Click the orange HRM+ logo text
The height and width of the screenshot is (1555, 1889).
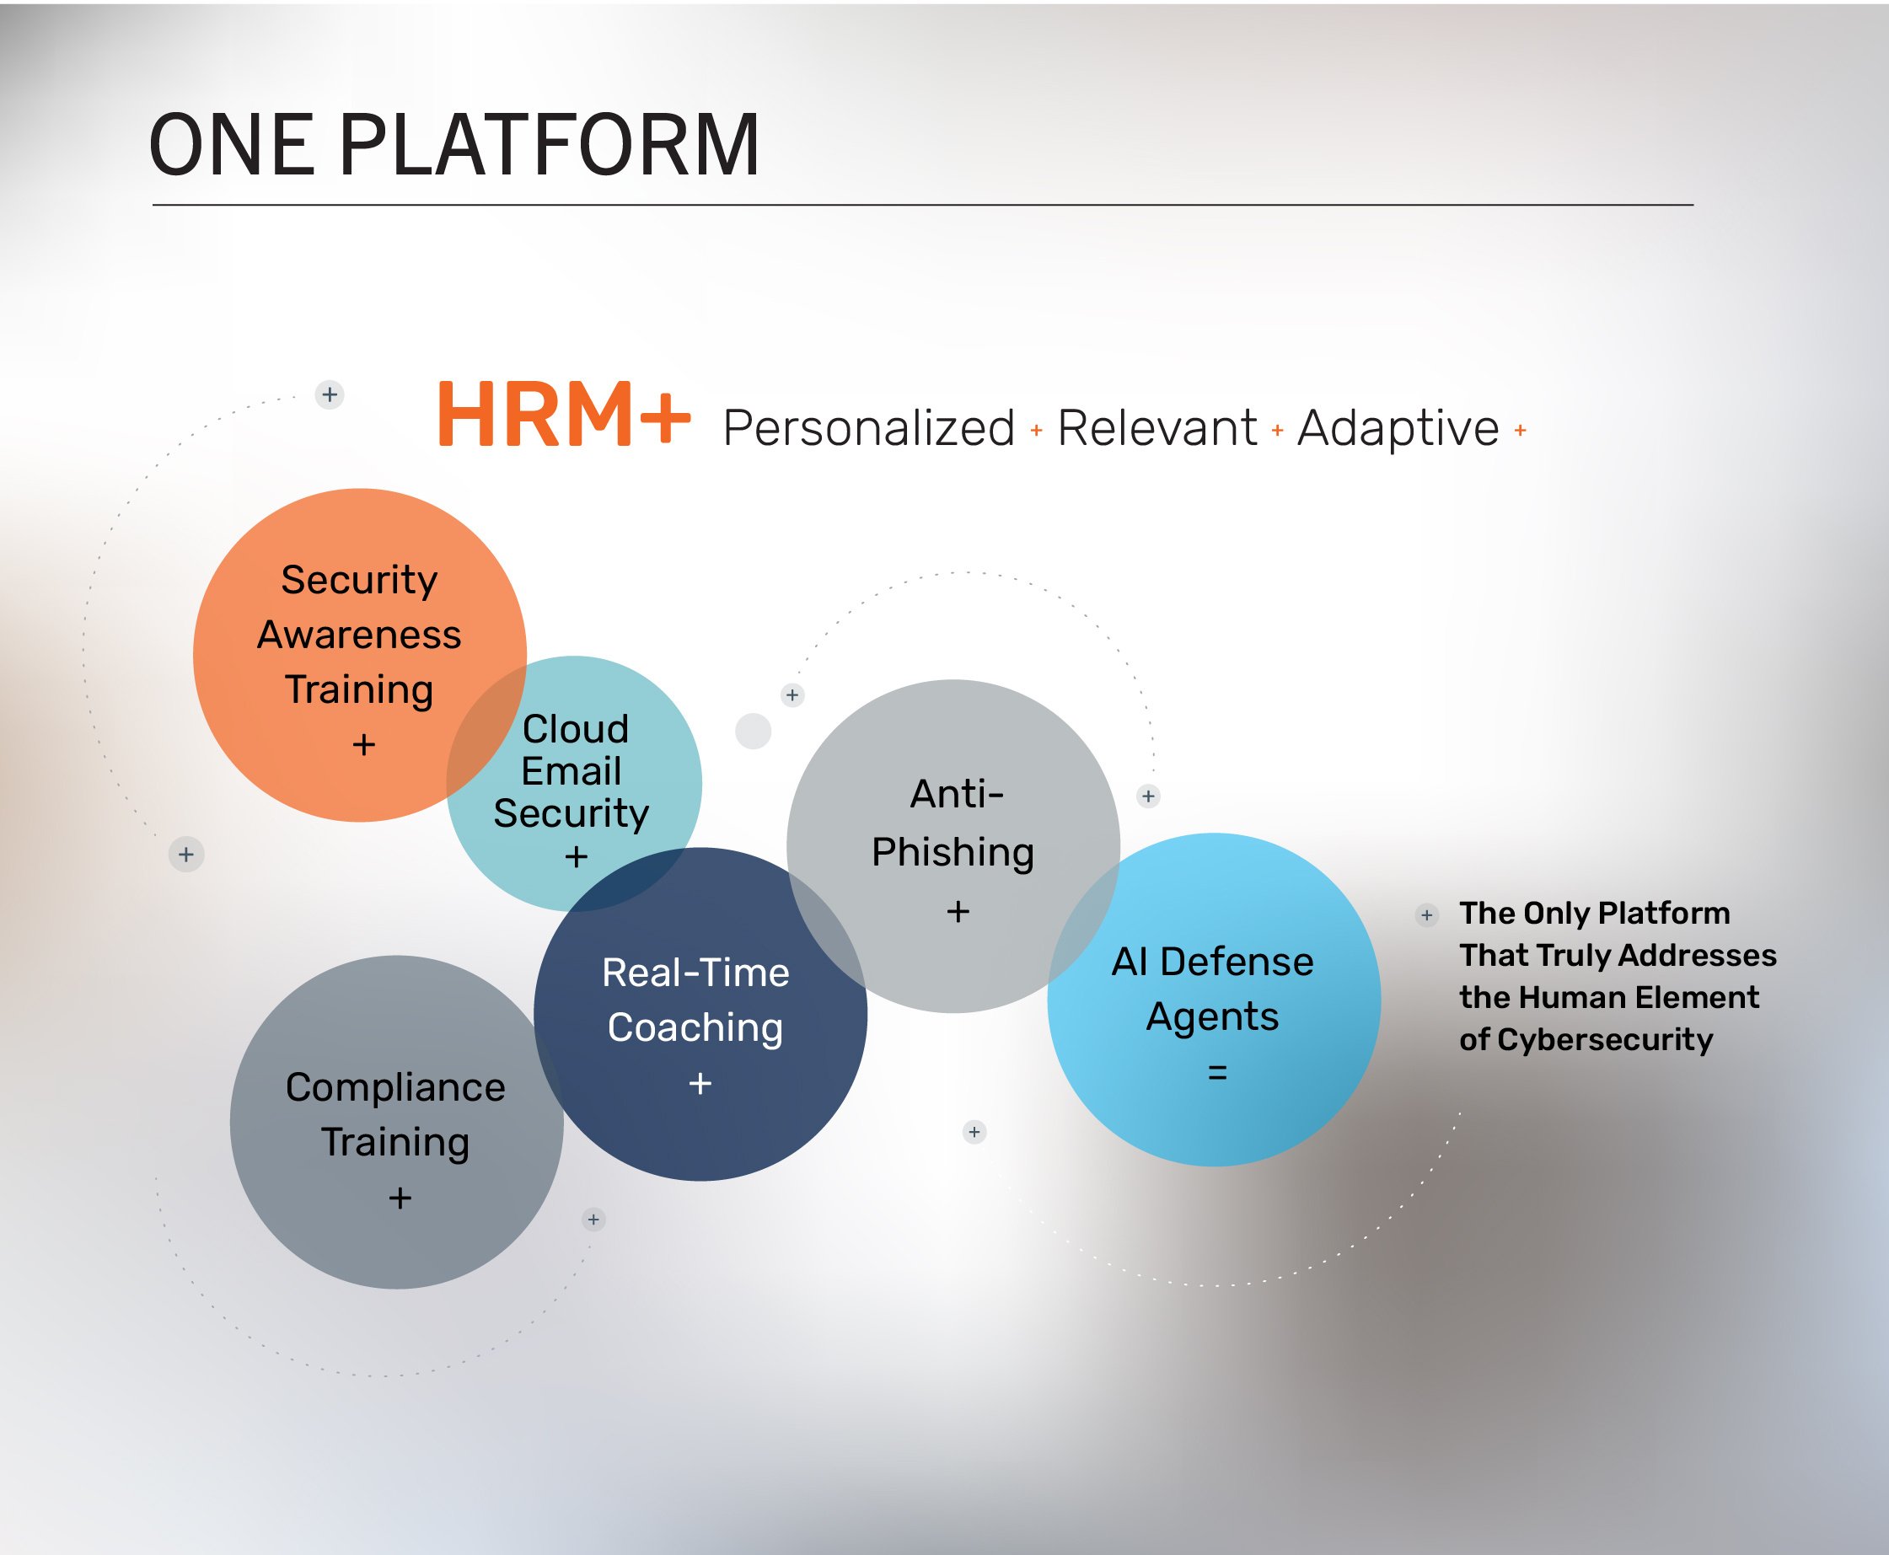click(562, 415)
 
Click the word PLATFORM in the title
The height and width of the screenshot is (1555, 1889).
click(549, 145)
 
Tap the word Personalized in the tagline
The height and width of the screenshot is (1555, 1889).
click(868, 428)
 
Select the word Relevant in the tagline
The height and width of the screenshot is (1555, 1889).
click(1156, 428)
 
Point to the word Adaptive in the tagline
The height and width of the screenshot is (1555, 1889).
click(1398, 428)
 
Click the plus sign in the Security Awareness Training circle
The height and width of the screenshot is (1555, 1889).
click(363, 745)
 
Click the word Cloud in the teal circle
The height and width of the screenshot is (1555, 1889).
click(575, 729)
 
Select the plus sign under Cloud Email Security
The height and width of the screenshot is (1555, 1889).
click(576, 857)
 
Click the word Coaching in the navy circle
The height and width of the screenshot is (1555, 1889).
click(695, 1027)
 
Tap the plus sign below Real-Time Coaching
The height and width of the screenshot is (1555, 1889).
click(700, 1084)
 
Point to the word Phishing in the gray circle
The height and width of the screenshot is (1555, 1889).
click(953, 852)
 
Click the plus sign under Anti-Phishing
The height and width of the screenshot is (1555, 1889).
click(958, 912)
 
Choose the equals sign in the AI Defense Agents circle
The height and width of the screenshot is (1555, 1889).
click(1216, 1072)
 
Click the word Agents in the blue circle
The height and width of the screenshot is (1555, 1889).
click(1212, 1016)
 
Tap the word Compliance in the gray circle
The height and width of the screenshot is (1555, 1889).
click(395, 1087)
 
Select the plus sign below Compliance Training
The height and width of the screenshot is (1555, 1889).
click(400, 1198)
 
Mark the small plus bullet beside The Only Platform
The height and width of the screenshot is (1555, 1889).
click(1427, 915)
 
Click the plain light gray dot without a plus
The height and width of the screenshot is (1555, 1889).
click(753, 731)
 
